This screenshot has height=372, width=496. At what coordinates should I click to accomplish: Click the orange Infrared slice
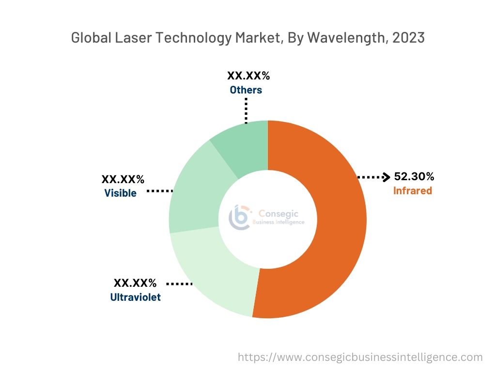(329, 242)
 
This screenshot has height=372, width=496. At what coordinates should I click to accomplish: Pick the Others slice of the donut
(245, 145)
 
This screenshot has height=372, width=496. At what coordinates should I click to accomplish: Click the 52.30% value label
(414, 177)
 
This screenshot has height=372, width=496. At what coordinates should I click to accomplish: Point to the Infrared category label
(412, 191)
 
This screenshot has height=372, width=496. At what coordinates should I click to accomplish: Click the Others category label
(246, 90)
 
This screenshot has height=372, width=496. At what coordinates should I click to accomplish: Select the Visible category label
(120, 193)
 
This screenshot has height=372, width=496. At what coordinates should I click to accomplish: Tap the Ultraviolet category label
(135, 297)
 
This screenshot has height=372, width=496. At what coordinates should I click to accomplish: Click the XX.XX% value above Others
(248, 76)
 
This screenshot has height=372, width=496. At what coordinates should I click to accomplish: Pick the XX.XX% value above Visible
(123, 179)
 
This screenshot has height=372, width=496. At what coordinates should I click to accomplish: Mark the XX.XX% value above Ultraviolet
(135, 283)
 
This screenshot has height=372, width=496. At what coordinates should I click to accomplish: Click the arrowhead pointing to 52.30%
(386, 177)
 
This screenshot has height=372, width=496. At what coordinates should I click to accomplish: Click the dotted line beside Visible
(160, 191)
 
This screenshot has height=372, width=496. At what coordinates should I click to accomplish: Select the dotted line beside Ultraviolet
(180, 283)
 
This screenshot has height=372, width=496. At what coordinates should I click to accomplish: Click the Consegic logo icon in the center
(239, 217)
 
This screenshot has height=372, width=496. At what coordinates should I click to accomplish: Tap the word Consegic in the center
(279, 213)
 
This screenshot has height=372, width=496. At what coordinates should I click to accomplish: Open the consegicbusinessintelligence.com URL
(360, 357)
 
